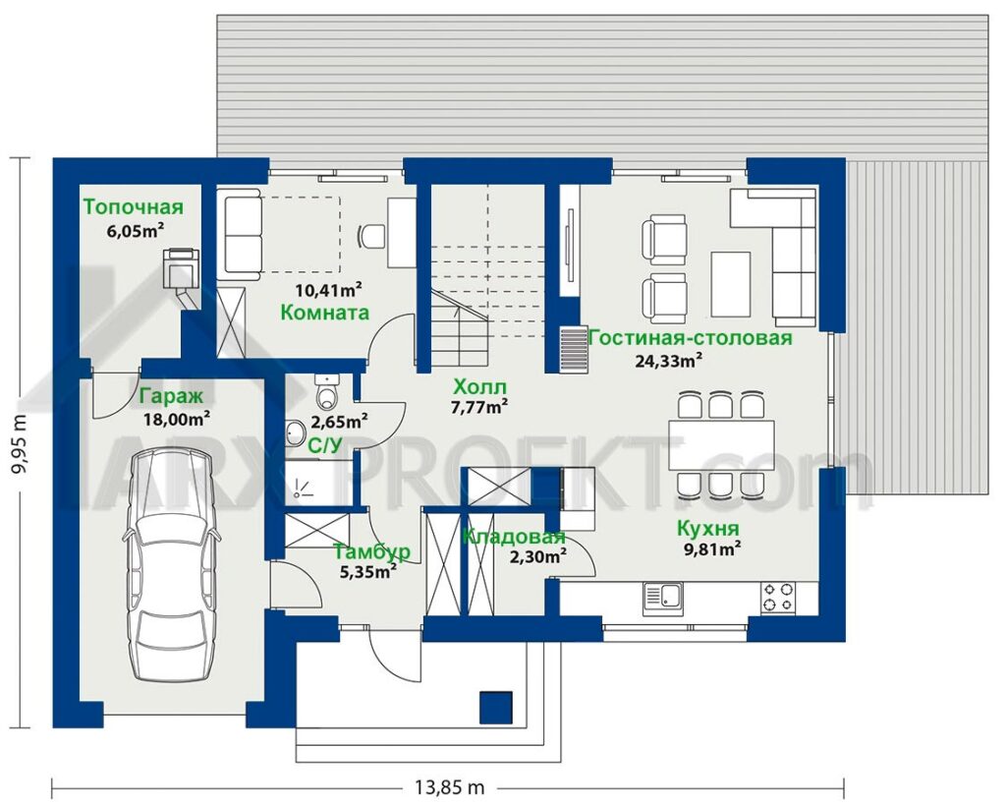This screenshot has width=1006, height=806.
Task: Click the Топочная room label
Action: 133,207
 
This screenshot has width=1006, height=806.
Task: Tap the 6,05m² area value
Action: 134,230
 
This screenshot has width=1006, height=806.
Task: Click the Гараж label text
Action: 171,396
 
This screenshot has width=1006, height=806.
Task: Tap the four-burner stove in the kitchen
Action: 778,597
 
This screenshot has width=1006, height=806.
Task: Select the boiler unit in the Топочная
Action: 181,269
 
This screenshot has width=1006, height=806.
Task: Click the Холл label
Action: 479,387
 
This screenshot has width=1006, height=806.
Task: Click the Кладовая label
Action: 514,537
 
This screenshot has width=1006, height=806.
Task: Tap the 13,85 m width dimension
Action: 448,786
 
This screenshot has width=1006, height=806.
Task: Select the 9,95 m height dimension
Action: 21,442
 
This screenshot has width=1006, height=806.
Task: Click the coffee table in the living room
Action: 731,284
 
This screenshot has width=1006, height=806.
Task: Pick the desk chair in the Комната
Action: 369,237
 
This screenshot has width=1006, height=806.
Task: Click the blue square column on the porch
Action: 496,707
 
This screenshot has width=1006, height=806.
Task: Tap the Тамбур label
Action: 372,551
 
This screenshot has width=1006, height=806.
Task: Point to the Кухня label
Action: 708,528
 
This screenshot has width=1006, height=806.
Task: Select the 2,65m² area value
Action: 339,422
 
